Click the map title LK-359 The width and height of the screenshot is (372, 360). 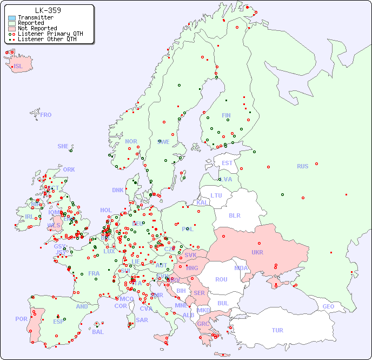(x=48, y=10)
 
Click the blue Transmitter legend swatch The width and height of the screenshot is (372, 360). (x=12, y=18)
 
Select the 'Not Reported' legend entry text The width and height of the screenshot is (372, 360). (x=37, y=28)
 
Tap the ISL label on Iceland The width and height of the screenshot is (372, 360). (x=18, y=67)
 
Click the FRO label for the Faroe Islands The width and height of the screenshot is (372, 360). (x=46, y=115)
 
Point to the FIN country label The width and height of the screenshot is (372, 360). (x=226, y=115)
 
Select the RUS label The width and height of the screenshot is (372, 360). (x=302, y=166)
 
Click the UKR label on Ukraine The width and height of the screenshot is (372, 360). (x=257, y=252)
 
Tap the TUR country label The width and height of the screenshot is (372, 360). (x=277, y=330)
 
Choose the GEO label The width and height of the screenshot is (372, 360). (x=328, y=306)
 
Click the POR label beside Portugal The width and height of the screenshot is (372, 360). (x=21, y=319)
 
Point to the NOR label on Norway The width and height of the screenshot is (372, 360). (x=131, y=141)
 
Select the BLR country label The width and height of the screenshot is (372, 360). (x=234, y=215)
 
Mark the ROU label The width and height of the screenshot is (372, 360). (x=221, y=279)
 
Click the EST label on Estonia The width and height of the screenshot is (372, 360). (x=227, y=163)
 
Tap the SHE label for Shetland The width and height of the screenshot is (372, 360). (x=63, y=146)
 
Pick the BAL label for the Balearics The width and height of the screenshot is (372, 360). (x=97, y=332)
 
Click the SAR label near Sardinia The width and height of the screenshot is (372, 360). (x=142, y=319)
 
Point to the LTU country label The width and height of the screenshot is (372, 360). (x=216, y=195)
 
